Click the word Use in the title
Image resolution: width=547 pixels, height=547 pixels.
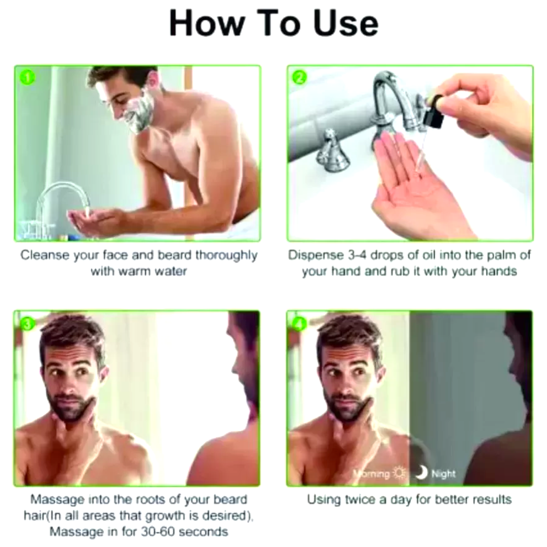346,23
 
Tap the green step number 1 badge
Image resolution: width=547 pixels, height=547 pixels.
27,77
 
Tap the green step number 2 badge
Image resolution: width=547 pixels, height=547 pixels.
299,77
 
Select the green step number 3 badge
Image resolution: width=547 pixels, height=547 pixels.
27,323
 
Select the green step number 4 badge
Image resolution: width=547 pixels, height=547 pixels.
299,323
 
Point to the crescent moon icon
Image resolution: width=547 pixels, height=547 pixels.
421,473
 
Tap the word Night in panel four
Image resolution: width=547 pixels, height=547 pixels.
444,474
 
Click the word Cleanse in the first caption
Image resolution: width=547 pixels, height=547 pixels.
45,255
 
